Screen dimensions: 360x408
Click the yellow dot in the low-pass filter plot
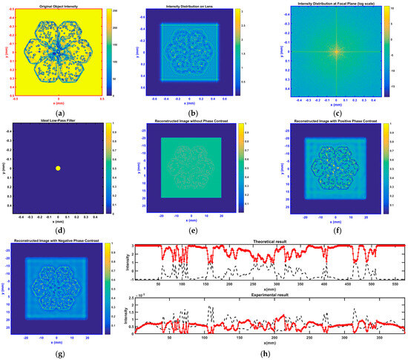pyautogui.click(x=58, y=168)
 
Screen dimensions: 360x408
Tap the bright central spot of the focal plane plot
pyautogui.click(x=337, y=53)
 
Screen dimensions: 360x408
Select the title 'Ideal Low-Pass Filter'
pyautogui.click(x=58, y=122)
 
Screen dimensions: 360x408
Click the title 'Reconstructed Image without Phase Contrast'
pyautogui.click(x=197, y=122)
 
